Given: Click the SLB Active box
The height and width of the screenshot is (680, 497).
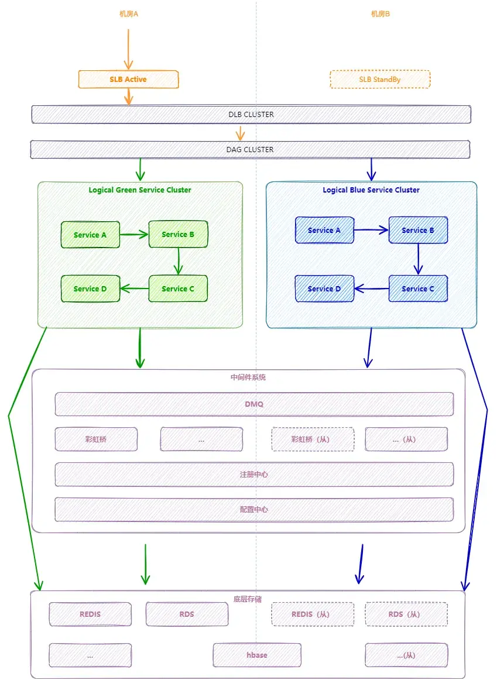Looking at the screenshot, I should (128, 79).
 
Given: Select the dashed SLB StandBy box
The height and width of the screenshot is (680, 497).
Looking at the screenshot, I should (380, 79).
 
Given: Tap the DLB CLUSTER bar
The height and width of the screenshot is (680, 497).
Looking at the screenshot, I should (251, 114).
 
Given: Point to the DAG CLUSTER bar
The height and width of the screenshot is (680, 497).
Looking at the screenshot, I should (250, 149).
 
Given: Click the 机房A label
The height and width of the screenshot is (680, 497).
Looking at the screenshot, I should (128, 13).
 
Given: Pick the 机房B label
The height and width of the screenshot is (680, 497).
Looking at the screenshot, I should (380, 13).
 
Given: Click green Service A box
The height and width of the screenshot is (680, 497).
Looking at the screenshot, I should (90, 235).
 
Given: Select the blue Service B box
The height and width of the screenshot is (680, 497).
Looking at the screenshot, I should (418, 230).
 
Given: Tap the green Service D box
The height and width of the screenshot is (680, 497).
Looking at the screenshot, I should (90, 289).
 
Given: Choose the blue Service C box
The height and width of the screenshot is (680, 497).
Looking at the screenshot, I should (418, 289).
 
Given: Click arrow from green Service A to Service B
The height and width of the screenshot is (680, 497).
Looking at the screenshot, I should (134, 235).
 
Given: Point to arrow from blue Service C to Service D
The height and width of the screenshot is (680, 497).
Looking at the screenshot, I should (372, 288).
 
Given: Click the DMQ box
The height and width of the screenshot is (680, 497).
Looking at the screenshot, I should (254, 404).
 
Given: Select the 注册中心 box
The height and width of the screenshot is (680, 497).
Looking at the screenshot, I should (254, 474).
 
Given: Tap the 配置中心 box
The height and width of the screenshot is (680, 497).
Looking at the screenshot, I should (254, 509).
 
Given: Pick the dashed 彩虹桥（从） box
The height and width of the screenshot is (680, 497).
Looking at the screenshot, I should (313, 439).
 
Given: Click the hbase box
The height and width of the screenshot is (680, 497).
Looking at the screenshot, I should (257, 655).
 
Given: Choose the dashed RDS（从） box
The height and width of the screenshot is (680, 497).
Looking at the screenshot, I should (406, 614).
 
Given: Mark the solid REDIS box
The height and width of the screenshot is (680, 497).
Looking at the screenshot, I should (90, 614).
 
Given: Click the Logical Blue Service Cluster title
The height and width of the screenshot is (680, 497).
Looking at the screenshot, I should (371, 190).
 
